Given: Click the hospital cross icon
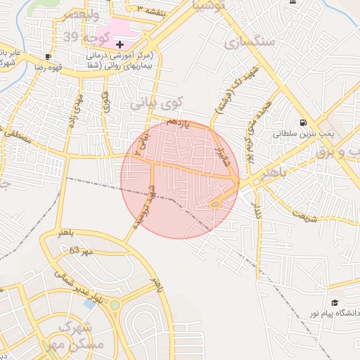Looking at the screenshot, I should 120,44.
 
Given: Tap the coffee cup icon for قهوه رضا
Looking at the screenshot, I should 47,56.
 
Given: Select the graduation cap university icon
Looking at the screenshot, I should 334,302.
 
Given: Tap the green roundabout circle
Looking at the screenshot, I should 114,304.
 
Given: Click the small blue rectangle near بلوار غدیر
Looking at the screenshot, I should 89,303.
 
